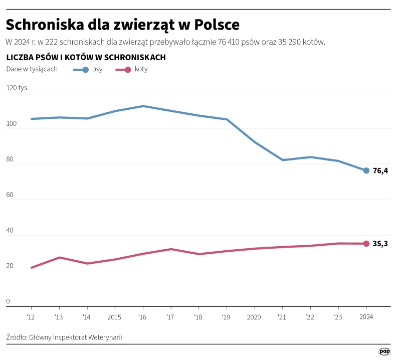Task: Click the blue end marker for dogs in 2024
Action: (366, 170)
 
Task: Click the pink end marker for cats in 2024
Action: (366, 244)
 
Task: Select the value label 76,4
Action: (380, 170)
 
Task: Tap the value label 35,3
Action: (380, 244)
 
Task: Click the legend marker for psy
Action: (85, 70)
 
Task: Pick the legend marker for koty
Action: (127, 70)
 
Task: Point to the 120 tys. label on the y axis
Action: (17, 88)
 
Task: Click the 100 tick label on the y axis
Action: (12, 123)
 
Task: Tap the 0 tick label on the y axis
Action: (8, 301)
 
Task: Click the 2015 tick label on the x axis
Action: (115, 316)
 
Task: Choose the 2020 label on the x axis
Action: (254, 316)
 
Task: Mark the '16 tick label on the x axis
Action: (143, 316)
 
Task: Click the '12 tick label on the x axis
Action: (31, 316)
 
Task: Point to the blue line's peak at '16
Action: (143, 106)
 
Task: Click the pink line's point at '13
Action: (59, 258)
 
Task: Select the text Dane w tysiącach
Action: (32, 69)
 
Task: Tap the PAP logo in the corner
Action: (384, 352)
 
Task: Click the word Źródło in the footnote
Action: (16, 337)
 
